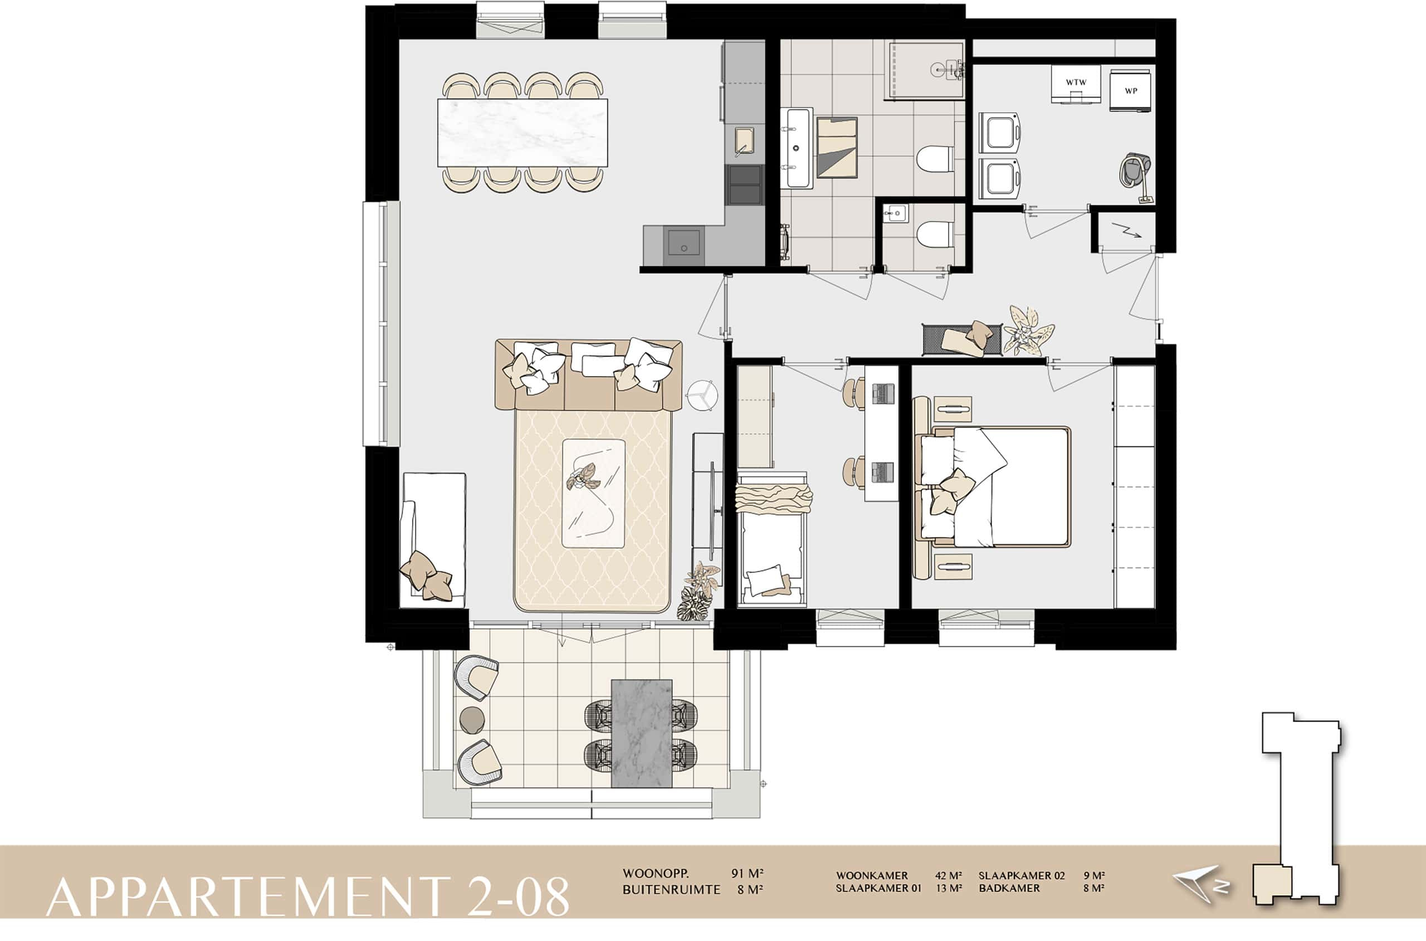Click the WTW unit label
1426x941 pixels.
pyautogui.click(x=1076, y=82)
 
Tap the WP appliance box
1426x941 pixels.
pyautogui.click(x=1130, y=91)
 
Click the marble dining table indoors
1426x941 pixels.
pyautogui.click(x=522, y=133)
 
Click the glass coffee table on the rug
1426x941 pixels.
pyautogui.click(x=593, y=493)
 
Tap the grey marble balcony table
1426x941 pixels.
pyautogui.click(x=641, y=733)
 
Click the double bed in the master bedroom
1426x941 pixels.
pyautogui.click(x=993, y=487)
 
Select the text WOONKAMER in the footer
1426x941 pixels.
pyautogui.click(x=872, y=876)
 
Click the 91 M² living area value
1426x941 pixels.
pyautogui.click(x=747, y=873)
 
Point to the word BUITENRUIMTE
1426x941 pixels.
pyautogui.click(x=671, y=889)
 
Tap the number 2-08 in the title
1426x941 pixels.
pyautogui.click(x=517, y=896)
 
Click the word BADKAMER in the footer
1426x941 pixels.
pyautogui.click(x=1009, y=888)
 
